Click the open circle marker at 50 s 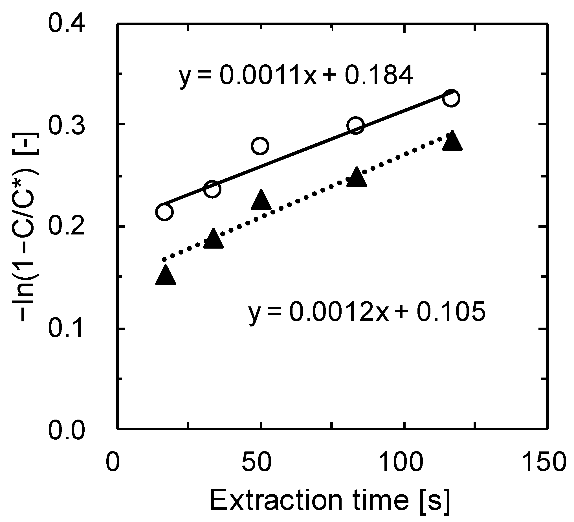coord(260,146)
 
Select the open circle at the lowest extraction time coord(164,212)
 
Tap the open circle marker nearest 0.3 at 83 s coord(356,125)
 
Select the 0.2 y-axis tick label coord(67,227)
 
